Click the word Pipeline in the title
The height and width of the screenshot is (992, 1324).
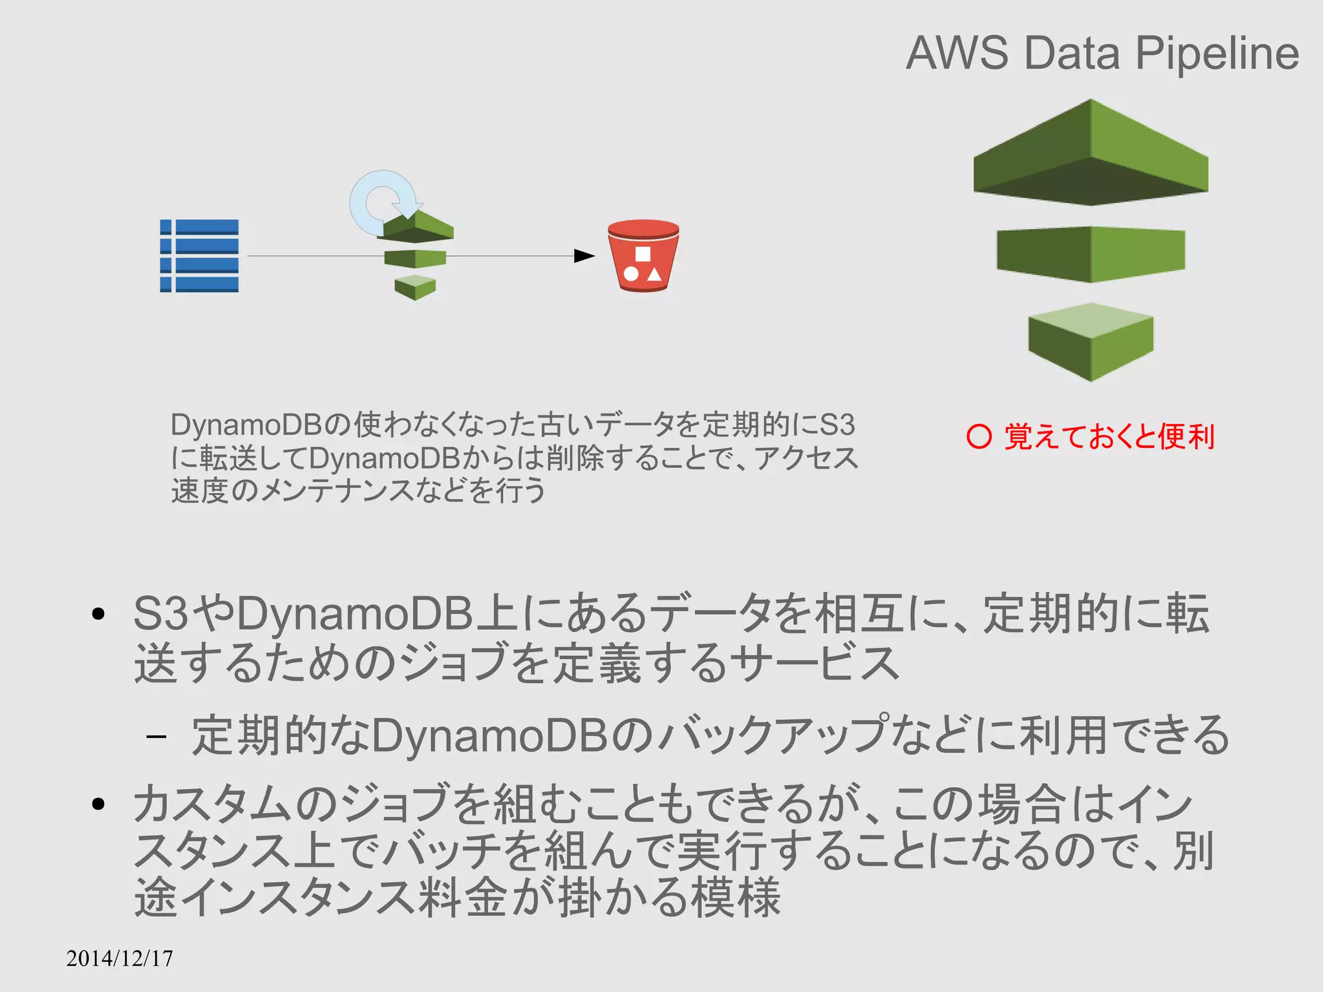pyautogui.click(x=1217, y=54)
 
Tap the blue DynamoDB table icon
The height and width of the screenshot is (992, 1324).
pyautogui.click(x=199, y=256)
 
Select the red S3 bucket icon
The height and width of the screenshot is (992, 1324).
pyautogui.click(x=643, y=256)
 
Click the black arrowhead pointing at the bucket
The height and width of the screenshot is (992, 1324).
pyautogui.click(x=584, y=256)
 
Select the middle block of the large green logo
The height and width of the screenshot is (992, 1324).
pyautogui.click(x=1091, y=254)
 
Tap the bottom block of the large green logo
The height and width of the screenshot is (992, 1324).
pyautogui.click(x=1091, y=341)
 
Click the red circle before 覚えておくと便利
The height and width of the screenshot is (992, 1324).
pyautogui.click(x=979, y=437)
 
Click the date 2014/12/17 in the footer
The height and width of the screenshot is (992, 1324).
pyautogui.click(x=120, y=958)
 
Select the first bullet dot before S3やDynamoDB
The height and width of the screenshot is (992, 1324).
pyautogui.click(x=98, y=614)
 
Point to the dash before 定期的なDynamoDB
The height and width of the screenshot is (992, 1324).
pyautogui.click(x=156, y=736)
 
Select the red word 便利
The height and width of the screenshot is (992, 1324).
pyautogui.click(x=1187, y=437)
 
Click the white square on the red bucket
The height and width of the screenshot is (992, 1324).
pyautogui.click(x=643, y=254)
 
